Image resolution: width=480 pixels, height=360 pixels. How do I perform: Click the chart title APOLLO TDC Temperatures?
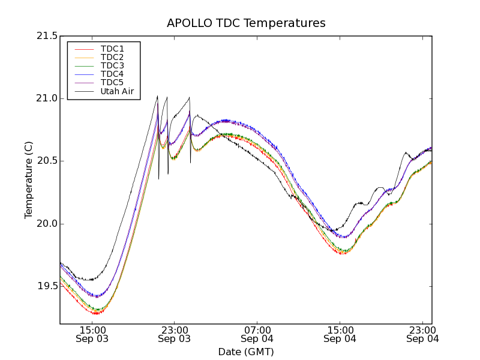coord(246,23)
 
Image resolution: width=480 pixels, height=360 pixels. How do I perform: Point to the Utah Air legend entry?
coord(116,91)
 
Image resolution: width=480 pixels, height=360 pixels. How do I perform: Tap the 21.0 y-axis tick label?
coord(46,98)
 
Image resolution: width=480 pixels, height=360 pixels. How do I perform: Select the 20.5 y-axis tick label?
coord(46,161)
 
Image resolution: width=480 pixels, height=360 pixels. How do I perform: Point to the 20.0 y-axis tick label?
coord(46,224)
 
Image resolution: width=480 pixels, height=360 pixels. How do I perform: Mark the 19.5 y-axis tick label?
coord(46,286)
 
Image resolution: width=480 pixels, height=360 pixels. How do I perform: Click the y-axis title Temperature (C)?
coord(29,180)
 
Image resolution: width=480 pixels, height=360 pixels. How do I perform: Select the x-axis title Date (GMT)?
coord(246,352)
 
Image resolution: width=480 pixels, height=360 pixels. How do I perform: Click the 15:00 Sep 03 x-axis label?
coord(93,334)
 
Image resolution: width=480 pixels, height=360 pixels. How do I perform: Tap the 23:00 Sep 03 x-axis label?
coord(175,334)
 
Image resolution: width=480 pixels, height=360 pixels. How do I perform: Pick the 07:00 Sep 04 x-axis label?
coord(257,334)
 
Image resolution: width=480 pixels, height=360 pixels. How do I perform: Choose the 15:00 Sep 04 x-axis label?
coord(340,334)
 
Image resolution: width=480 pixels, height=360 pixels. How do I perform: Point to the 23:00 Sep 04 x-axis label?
coord(422,334)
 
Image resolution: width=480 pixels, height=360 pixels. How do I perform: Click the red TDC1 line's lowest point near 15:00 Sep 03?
coord(95,313)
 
